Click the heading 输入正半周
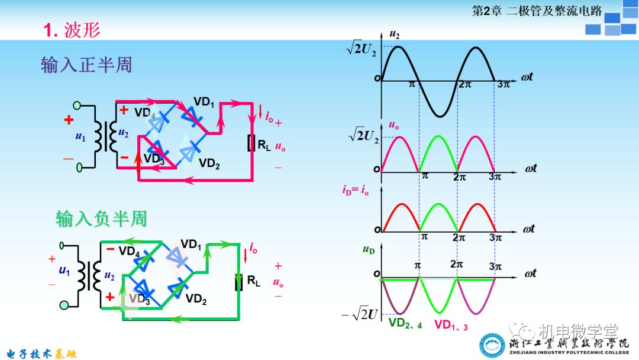point(86,65)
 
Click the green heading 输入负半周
point(101,219)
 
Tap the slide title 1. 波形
point(72,30)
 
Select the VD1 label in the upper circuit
point(204,102)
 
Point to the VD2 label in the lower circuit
point(196,301)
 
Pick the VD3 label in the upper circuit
point(153,160)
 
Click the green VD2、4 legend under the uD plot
point(405,324)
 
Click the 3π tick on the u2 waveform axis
point(503,85)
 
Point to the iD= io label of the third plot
point(357,190)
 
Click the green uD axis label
point(368,250)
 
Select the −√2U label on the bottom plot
point(359,314)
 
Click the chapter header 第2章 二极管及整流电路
point(537,11)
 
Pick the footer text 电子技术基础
point(39,353)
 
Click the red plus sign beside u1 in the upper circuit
point(69,120)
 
